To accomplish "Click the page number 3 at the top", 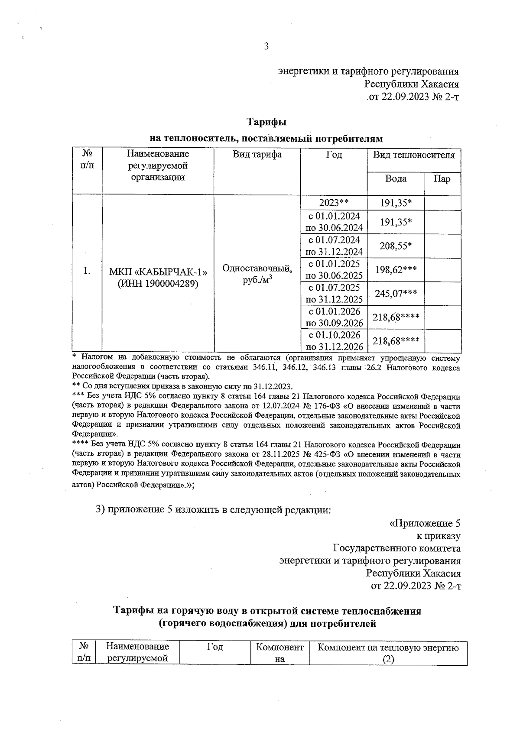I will coord(266,46).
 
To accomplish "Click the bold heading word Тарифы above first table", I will coord(266,122).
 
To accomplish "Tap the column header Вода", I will coord(396,179).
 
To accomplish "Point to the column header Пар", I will coord(442,179).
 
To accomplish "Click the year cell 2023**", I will coord(334,202).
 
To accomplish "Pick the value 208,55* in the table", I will coord(396,246).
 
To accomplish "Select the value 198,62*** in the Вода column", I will coord(396,270).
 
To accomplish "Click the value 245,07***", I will coord(396,294).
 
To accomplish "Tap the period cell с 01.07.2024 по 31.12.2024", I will coord(334,246).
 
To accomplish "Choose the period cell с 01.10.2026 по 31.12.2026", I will coord(334,341).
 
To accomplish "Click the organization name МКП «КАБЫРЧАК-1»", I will coord(158,272).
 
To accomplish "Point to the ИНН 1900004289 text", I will coord(158,284).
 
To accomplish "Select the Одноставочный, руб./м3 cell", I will coord(257,274).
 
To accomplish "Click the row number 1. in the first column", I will coord(87,271).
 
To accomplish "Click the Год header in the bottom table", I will coord(215,647).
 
